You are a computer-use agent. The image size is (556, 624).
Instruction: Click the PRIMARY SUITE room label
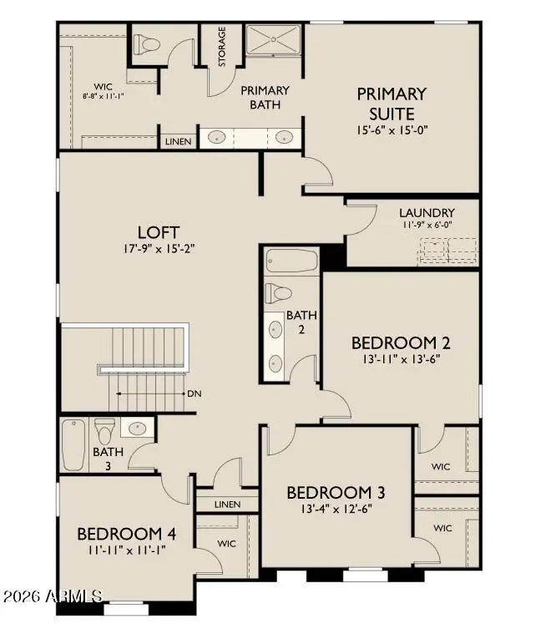coord(392,104)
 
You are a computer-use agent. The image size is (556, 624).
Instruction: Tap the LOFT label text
coord(159,231)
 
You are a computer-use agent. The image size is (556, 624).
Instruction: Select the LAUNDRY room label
coord(426,213)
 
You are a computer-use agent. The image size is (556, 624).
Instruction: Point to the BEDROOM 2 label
coord(401,342)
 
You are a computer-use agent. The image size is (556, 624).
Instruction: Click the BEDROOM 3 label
coord(336,492)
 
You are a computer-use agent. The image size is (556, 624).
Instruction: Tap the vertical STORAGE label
coord(222,48)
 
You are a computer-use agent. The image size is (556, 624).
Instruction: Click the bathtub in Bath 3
coord(73,444)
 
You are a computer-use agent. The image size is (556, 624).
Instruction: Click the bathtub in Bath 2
coord(291,261)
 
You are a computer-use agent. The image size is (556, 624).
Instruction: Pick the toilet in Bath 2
coord(277,293)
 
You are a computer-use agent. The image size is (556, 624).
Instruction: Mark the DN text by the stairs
coord(194,393)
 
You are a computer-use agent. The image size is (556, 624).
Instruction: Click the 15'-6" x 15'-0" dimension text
coord(392,130)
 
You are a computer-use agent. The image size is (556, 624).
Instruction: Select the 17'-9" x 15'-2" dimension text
coord(159,248)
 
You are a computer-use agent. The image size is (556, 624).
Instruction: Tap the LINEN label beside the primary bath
coord(178,142)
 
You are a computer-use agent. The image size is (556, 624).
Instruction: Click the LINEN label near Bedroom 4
coord(227,505)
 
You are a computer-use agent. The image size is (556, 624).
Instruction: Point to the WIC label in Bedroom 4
coord(226,543)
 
